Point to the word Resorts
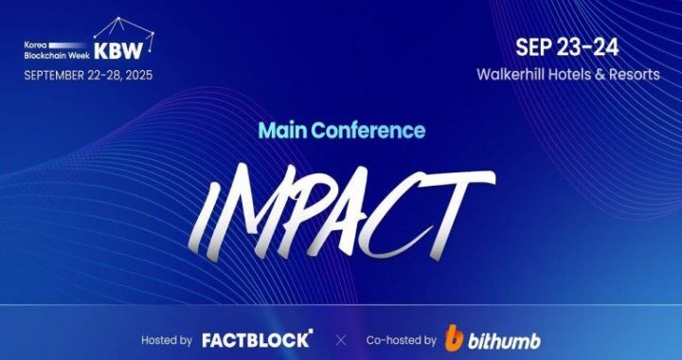pos(631,74)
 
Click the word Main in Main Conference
pos(277,131)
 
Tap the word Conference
pos(368,131)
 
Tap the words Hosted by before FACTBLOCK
pos(167,339)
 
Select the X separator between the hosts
pos(340,339)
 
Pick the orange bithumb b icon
pos(455,337)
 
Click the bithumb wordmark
pos(504,338)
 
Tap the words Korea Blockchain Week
pos(54,50)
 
